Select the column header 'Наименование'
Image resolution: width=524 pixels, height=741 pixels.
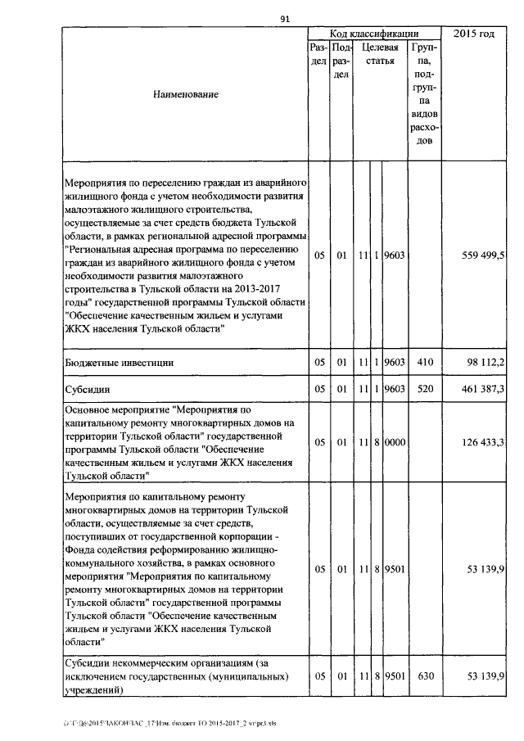pyautogui.click(x=186, y=95)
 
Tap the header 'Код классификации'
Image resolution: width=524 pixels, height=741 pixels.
pyautogui.click(x=374, y=34)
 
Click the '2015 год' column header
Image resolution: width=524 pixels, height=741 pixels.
pyautogui.click(x=473, y=34)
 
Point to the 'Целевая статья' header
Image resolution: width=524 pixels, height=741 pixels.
pyautogui.click(x=380, y=55)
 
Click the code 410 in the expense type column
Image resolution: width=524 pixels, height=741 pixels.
pyautogui.click(x=424, y=361)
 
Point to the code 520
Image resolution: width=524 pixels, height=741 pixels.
pyautogui.click(x=424, y=388)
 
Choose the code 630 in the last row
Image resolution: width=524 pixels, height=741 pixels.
pyautogui.click(x=424, y=675)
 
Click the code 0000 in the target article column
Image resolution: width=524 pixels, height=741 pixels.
pyautogui.click(x=395, y=442)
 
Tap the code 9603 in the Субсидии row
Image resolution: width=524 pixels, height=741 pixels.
pyautogui.click(x=395, y=388)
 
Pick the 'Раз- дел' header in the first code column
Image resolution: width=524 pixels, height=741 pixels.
pyautogui.click(x=319, y=55)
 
